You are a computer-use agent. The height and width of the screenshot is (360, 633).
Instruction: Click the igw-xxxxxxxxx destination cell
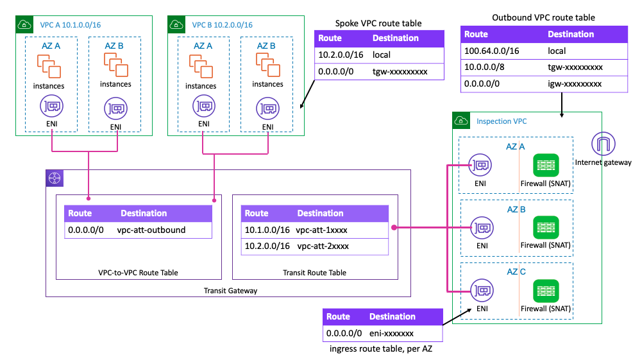pyautogui.click(x=575, y=83)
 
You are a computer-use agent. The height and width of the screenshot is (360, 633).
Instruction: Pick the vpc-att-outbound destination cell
pyautogui.click(x=151, y=229)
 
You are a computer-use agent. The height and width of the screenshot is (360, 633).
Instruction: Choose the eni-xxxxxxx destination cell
pyautogui.click(x=391, y=333)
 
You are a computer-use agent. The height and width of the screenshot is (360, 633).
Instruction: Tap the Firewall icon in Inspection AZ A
pyautogui.click(x=545, y=166)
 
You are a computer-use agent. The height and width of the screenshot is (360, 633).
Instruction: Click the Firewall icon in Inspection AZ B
pyautogui.click(x=545, y=228)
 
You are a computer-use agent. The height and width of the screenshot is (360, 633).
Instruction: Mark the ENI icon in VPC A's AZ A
pyautogui.click(x=51, y=107)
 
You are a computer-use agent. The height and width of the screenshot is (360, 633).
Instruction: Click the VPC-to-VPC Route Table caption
pyautogui.click(x=138, y=273)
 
